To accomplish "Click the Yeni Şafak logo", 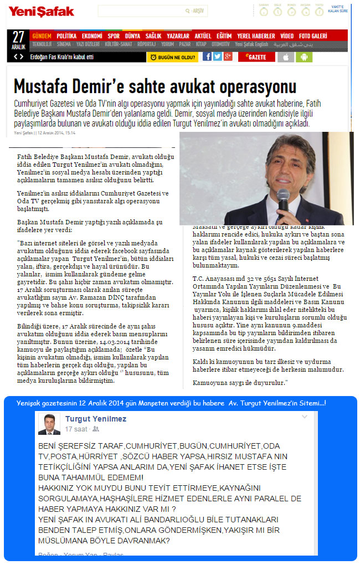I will pos(41,11).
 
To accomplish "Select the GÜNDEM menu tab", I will pos(42,35).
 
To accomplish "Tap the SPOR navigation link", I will pos(113,35).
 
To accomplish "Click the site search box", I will pos(144,11).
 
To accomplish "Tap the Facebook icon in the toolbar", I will pos(207,56).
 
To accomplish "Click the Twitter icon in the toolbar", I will pos(217,56).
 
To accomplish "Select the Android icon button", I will pos(304,56).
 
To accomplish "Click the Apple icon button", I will pos(286,56).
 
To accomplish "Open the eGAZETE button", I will pos(255,56).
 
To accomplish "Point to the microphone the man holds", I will pos(283,200).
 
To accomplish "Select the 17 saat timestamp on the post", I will pos(76,429).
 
